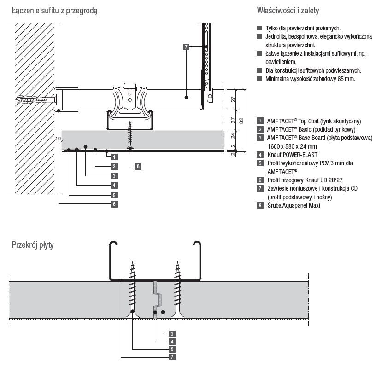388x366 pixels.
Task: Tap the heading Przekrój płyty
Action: pyautogui.click(x=33, y=245)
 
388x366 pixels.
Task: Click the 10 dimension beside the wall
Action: pyautogui.click(x=58, y=139)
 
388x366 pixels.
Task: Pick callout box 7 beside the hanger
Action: pyautogui.click(x=186, y=47)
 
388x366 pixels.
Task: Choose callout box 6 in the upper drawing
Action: pyautogui.click(x=113, y=203)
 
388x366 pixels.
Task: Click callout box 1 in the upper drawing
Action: pyautogui.click(x=113, y=157)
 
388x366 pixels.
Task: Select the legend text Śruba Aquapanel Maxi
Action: pyautogui.click(x=294, y=205)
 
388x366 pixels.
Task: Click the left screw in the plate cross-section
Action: pyautogui.click(x=133, y=290)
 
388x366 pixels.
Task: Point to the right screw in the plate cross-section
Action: pyautogui.click(x=177, y=290)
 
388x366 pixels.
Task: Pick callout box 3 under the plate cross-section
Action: pyautogui.click(x=171, y=333)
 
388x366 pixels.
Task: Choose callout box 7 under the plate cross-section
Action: pyautogui.click(x=171, y=356)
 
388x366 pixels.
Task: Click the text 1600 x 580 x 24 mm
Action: pyautogui.click(x=293, y=146)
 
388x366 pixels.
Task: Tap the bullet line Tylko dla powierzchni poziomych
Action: pyautogui.click(x=303, y=28)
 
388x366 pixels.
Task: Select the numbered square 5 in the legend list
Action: pyautogui.click(x=260, y=163)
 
